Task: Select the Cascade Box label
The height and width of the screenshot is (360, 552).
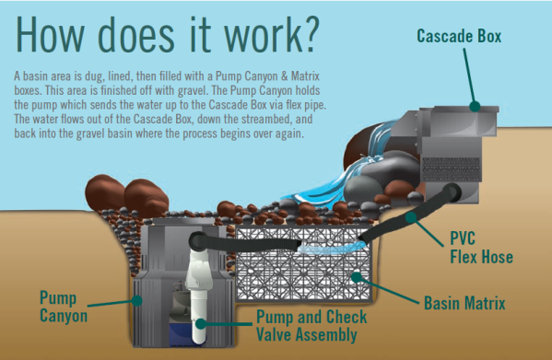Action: [x=459, y=36]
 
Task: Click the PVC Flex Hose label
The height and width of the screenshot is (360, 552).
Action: [x=481, y=248]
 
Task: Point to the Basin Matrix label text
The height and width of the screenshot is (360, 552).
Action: [x=464, y=303]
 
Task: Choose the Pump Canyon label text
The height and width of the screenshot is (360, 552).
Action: [x=64, y=307]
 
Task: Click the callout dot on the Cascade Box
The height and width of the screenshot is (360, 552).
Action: [x=475, y=106]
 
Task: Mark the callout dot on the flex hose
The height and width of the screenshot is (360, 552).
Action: [x=411, y=217]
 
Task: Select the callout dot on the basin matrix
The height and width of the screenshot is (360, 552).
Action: [x=357, y=277]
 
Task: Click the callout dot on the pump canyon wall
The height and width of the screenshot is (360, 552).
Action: [x=136, y=300]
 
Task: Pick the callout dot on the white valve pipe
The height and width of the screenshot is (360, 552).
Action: [x=201, y=323]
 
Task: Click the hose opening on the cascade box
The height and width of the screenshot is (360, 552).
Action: [x=452, y=192]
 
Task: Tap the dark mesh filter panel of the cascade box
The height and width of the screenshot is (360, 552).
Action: [x=452, y=169]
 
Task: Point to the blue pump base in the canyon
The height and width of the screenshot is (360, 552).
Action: [x=181, y=334]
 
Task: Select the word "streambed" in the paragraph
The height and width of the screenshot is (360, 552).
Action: [x=264, y=119]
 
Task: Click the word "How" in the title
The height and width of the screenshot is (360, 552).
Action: [x=50, y=34]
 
